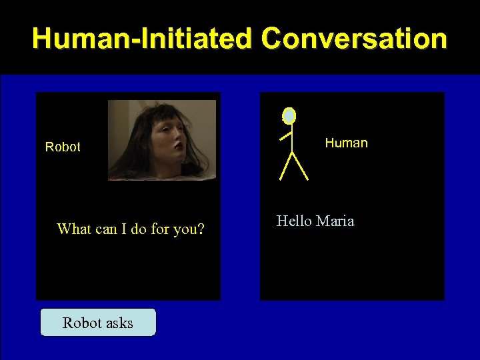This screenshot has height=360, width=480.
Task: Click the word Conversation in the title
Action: (354, 39)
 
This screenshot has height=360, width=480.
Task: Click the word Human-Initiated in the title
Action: (142, 39)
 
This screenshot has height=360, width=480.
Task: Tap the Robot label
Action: (63, 147)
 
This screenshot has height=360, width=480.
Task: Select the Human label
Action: (346, 143)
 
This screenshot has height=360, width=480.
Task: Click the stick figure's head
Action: (289, 116)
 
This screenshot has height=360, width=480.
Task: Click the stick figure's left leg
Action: (285, 167)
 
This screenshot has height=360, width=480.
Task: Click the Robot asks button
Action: (98, 323)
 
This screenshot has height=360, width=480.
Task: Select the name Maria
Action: (335, 221)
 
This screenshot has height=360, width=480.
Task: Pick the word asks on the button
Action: (117, 323)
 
